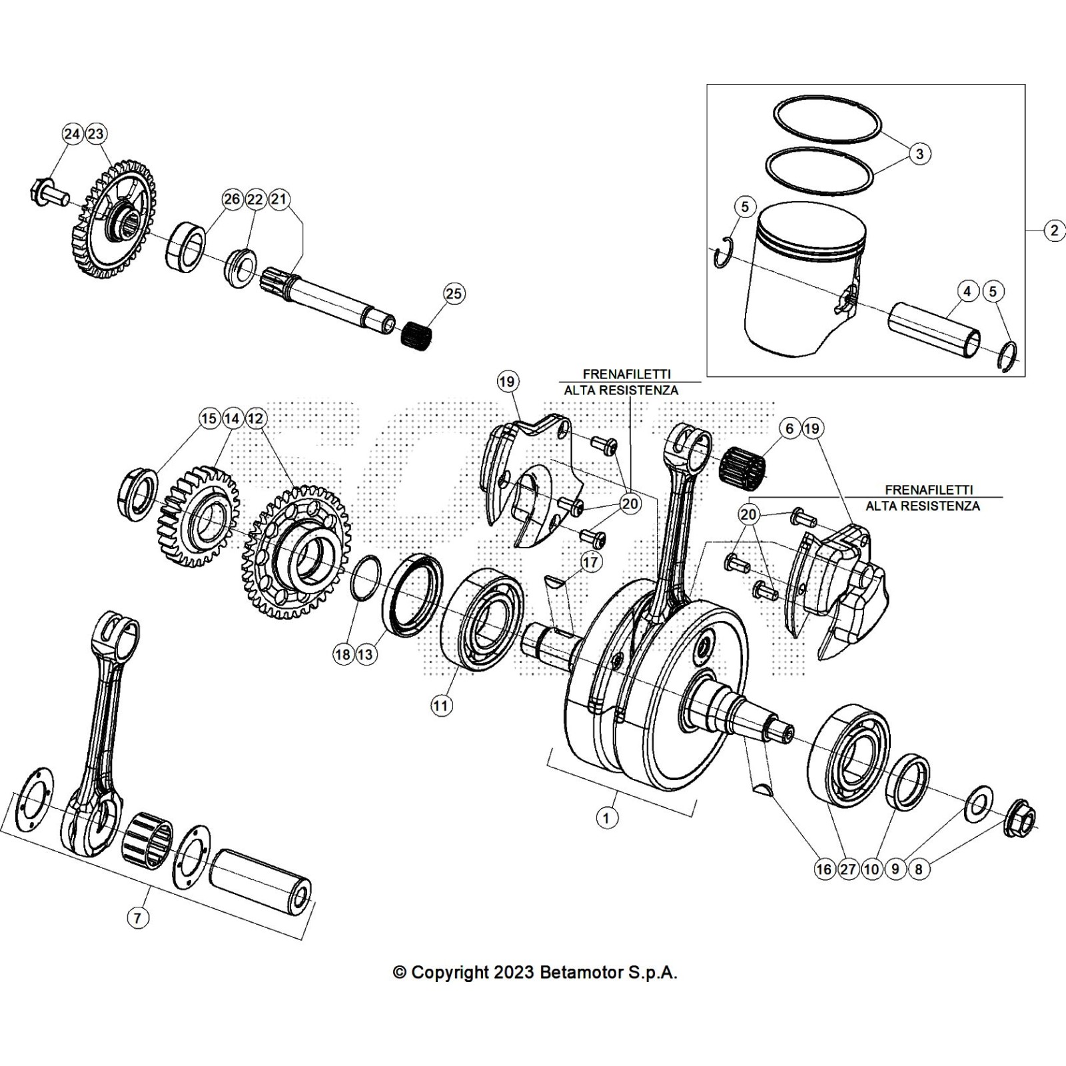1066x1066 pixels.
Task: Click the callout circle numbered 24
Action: point(72,134)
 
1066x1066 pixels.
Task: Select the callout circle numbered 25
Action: point(454,294)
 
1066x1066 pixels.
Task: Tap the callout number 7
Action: point(137,918)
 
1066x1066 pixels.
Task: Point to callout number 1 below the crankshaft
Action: point(606,817)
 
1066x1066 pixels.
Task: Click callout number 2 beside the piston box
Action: point(1054,231)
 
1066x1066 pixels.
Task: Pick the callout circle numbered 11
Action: point(442,706)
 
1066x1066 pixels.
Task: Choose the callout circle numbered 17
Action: point(591,562)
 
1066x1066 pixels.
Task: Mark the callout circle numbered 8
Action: point(919,869)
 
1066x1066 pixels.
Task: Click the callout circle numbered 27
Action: point(848,869)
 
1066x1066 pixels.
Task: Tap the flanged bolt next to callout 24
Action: point(48,193)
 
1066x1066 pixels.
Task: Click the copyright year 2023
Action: point(514,973)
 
